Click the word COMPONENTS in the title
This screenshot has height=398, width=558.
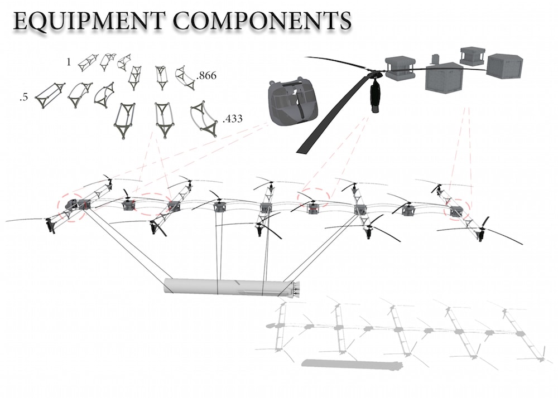(x=263, y=21)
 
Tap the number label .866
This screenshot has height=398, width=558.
(x=206, y=76)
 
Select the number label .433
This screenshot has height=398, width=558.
(x=232, y=119)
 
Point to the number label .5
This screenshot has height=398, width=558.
(x=24, y=97)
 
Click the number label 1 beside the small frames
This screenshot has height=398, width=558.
(x=69, y=62)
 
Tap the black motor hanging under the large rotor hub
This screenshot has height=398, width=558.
(x=375, y=95)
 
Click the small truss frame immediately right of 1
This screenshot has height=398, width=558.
(x=88, y=62)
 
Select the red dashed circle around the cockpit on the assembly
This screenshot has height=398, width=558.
(x=73, y=208)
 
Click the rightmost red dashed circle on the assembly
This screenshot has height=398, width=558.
(x=457, y=210)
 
